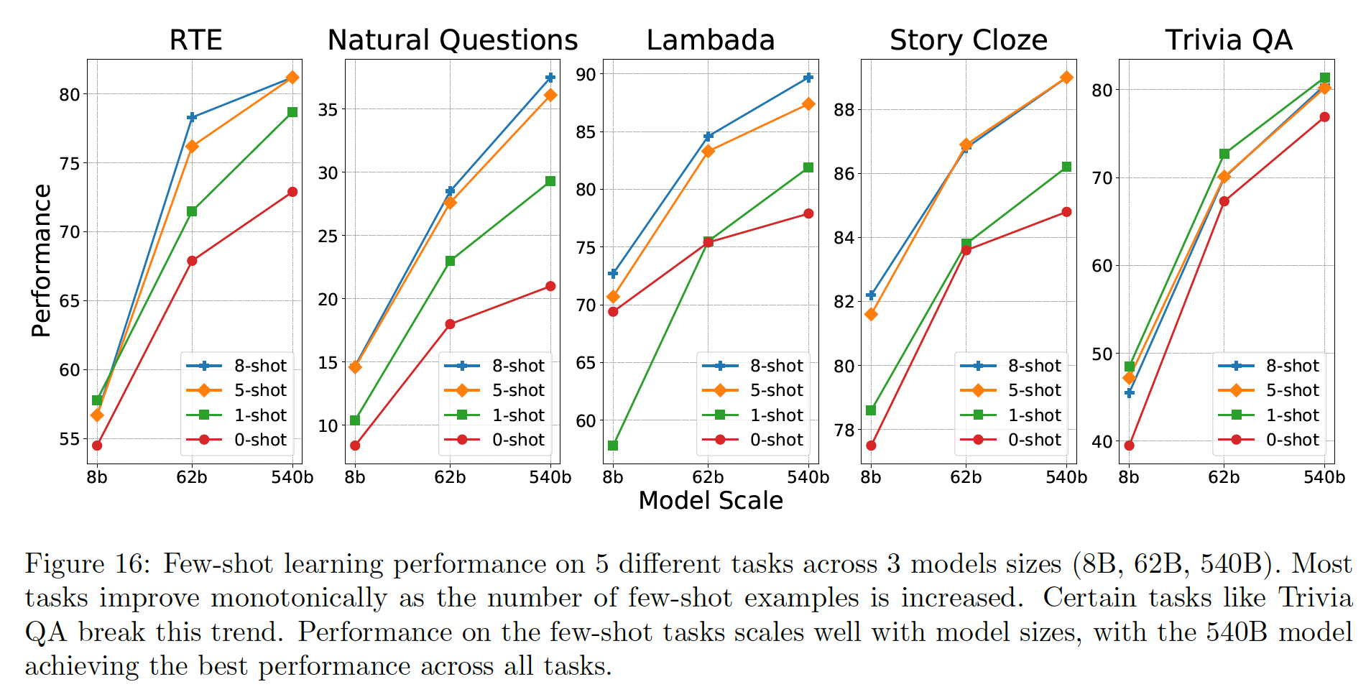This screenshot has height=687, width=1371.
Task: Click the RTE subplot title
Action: pos(195,40)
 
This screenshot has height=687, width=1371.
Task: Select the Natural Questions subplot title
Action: pos(453,40)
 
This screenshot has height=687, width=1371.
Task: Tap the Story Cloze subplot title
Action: pos(969,40)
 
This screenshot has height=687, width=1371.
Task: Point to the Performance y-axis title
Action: pos(42,261)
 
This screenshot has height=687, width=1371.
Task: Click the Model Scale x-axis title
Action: pos(711,501)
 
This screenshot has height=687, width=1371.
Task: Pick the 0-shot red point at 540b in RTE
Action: pos(292,192)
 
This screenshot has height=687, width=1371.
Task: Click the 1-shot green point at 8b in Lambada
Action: pos(613,446)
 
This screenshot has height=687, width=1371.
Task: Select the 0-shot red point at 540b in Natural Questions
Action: pos(550,286)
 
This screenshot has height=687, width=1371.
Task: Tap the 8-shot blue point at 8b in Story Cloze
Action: pos(871,295)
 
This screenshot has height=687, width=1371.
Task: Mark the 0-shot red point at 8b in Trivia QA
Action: pos(1129,446)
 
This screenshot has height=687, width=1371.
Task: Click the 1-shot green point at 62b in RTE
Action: pos(192,211)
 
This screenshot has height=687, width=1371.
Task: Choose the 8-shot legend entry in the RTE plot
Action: pos(237,366)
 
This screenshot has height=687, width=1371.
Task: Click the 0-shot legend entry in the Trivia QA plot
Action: pos(1270,440)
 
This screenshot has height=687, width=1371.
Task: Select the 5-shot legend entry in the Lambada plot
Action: pos(754,390)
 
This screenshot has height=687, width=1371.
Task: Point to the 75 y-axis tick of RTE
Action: pos(70,163)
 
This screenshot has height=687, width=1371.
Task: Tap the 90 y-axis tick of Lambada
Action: pos(586,74)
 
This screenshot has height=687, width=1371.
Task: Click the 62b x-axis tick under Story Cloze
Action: pos(966,477)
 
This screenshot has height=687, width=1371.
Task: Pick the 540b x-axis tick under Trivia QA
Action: pos(1324,477)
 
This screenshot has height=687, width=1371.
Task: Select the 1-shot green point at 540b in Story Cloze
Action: pos(1066,167)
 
